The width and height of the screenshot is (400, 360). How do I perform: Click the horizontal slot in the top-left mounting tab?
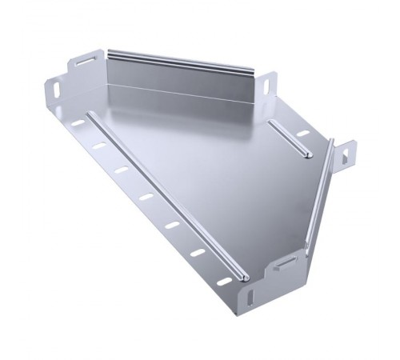click(x=85, y=61)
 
